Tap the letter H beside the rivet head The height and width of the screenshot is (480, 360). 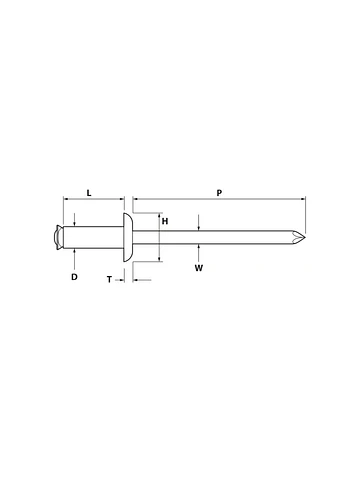(x=164, y=221)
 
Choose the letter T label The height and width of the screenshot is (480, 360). (x=108, y=281)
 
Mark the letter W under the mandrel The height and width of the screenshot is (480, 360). (x=200, y=268)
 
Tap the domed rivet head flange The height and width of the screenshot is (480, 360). (x=127, y=238)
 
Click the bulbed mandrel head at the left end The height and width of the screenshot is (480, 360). (x=57, y=238)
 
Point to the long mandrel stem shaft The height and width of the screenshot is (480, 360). (x=220, y=238)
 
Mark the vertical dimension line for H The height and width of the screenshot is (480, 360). (x=157, y=238)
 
